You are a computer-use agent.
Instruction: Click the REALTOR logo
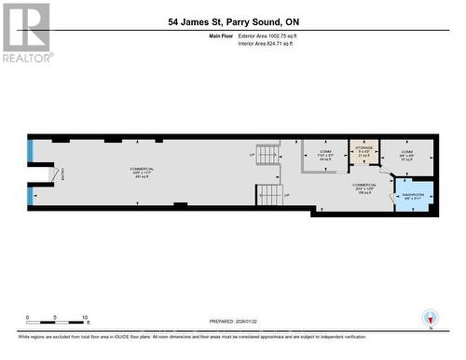click(x=26, y=33)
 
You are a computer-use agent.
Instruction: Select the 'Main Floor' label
click(x=223, y=35)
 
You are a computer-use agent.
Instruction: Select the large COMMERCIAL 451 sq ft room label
click(x=143, y=173)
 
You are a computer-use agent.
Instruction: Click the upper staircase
click(x=267, y=154)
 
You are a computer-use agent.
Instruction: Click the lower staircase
click(x=269, y=195)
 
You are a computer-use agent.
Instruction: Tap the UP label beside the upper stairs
click(x=251, y=154)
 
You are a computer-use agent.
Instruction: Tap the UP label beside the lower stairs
click(x=286, y=195)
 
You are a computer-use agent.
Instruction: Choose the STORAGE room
click(x=362, y=151)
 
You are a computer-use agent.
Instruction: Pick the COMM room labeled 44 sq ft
click(x=325, y=155)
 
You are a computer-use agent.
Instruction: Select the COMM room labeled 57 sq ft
click(x=407, y=155)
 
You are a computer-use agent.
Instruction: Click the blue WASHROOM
click(x=414, y=196)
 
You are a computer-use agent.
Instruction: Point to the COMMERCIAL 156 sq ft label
click(x=363, y=188)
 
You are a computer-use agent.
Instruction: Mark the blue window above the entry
click(x=31, y=148)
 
